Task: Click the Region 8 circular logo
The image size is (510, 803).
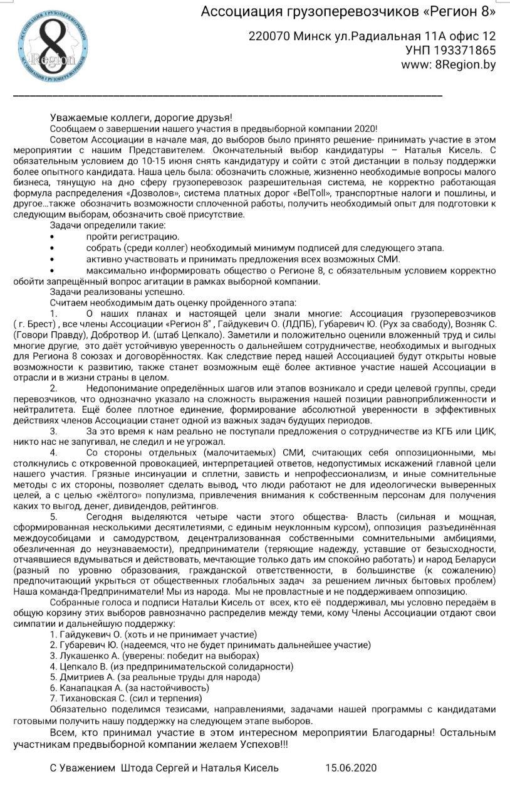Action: coord(53,43)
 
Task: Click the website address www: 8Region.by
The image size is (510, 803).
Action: coord(449,65)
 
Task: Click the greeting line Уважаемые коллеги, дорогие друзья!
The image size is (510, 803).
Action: coord(141,117)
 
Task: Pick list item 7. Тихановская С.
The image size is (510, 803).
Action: coord(125,698)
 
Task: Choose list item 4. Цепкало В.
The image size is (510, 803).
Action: coord(171,666)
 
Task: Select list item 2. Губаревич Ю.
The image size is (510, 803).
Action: coord(210,645)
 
